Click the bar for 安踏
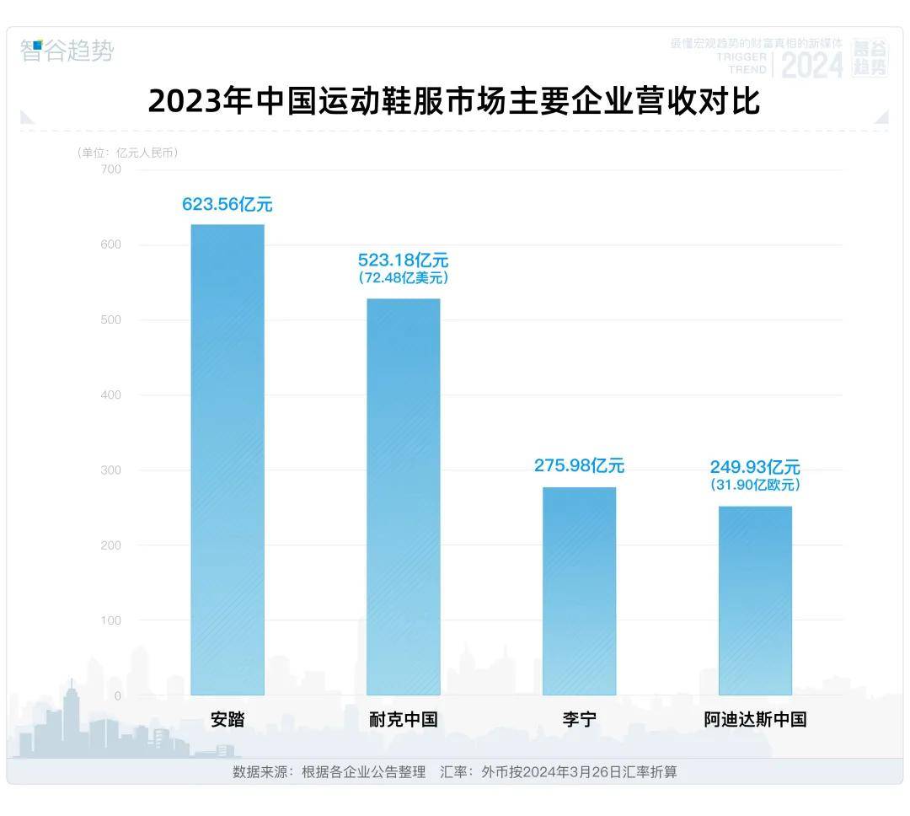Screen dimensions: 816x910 click(227, 459)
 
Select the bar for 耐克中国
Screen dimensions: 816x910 click(404, 497)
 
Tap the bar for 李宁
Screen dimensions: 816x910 click(579, 590)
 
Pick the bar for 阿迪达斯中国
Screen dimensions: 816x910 click(755, 600)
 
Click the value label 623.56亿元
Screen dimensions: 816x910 click(227, 204)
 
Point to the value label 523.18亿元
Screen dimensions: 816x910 click(404, 260)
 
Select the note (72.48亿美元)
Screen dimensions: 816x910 click(404, 278)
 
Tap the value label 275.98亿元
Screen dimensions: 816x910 click(579, 465)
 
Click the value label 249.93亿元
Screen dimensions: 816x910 click(755, 467)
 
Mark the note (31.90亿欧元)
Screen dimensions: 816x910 click(755, 486)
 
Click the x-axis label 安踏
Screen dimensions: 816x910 click(227, 720)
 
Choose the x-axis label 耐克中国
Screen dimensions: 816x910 click(404, 720)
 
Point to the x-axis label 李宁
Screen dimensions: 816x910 click(579, 720)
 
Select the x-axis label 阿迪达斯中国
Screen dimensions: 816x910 click(755, 720)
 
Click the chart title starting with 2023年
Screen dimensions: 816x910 click(454, 101)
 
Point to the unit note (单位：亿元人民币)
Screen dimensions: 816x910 click(127, 153)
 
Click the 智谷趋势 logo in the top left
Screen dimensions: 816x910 click(67, 51)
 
